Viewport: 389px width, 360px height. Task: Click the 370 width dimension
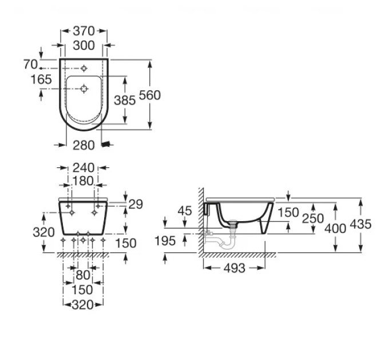click(84, 31)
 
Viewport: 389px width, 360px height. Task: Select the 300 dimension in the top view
click(84, 46)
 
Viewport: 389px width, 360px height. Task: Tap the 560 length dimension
click(150, 95)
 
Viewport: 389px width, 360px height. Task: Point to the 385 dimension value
click(125, 101)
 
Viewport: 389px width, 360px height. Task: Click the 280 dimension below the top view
click(84, 145)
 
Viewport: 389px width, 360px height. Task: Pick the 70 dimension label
click(30, 65)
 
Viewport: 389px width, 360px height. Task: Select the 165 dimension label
click(41, 79)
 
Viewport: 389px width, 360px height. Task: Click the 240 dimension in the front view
click(84, 168)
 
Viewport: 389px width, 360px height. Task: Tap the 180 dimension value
click(82, 181)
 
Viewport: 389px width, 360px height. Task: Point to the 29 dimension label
click(136, 205)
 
